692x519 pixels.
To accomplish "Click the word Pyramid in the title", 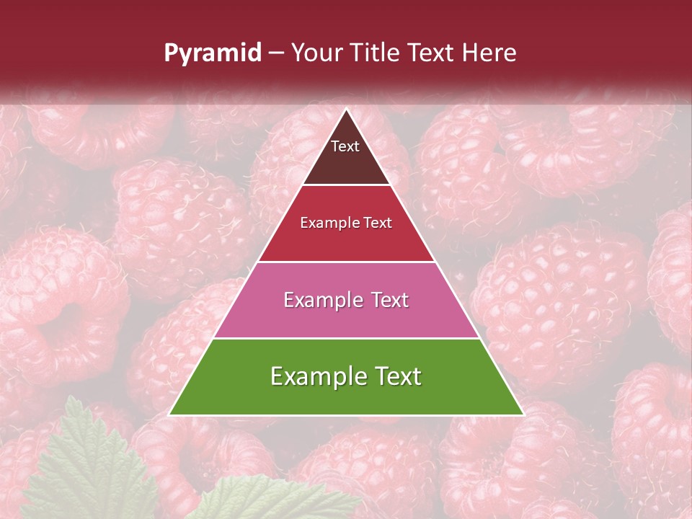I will (213, 53).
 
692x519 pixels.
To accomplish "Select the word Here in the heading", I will (489, 53).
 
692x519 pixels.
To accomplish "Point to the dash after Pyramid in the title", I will (275, 53).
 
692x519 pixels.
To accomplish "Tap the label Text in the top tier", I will (345, 146).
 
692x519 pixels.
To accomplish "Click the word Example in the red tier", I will (326, 223).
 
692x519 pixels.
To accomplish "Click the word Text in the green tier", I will (394, 376).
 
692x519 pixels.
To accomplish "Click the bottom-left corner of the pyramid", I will (170, 414).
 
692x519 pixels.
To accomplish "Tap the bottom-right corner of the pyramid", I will (523, 414).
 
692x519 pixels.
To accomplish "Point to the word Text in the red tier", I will (376, 223).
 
